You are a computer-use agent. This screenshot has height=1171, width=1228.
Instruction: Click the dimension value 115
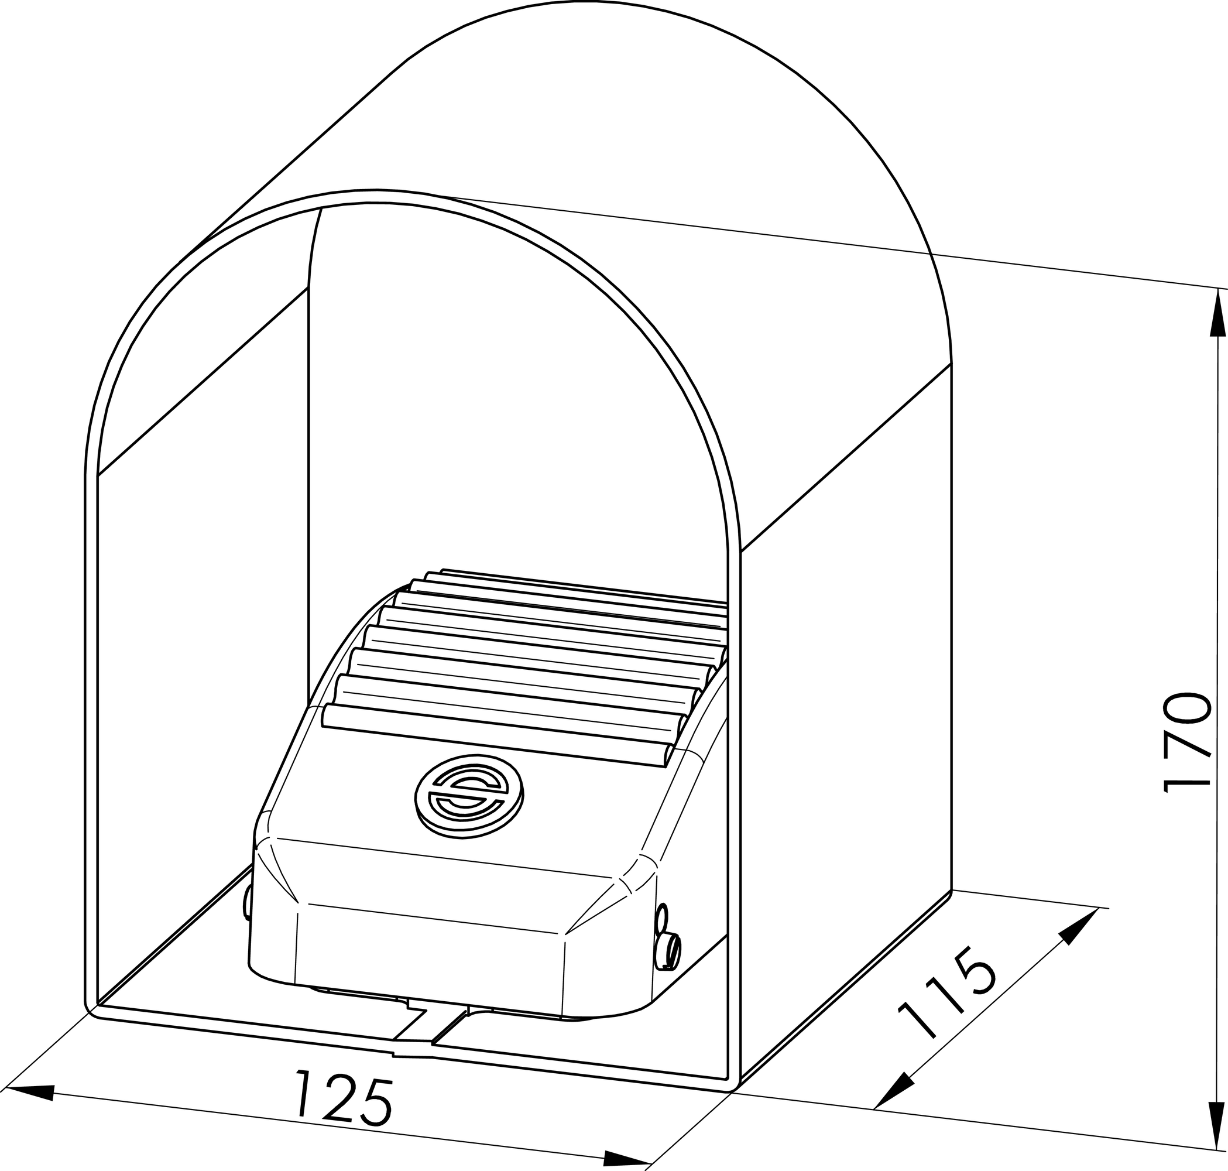point(945,1001)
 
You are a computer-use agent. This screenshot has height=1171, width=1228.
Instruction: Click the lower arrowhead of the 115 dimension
point(892,1090)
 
